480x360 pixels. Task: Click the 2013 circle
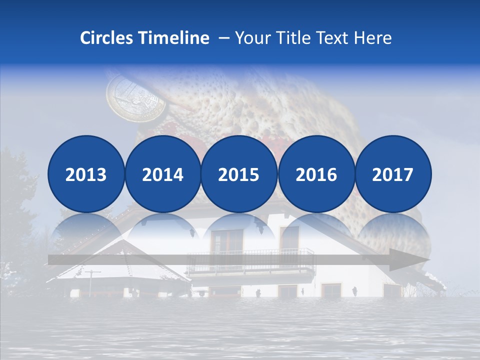[x=86, y=174]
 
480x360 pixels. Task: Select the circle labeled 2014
[x=162, y=174]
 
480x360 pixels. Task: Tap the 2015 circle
[x=239, y=174]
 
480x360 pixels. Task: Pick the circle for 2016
[x=316, y=174]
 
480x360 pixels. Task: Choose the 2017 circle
[x=393, y=174]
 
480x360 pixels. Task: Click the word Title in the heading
[x=298, y=38]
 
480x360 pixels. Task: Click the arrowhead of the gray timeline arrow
[x=412, y=260]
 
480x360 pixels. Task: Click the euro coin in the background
[x=136, y=96]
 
